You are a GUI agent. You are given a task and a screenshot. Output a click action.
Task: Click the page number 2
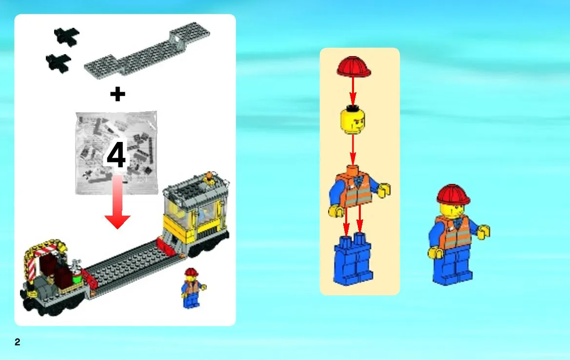(x=18, y=342)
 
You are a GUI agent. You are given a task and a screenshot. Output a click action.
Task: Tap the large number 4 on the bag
(x=117, y=155)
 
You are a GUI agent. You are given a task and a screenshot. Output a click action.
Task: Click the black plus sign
(x=118, y=94)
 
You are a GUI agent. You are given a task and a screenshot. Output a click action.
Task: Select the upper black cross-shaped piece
(x=67, y=37)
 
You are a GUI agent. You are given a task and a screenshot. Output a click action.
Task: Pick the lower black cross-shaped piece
(x=59, y=63)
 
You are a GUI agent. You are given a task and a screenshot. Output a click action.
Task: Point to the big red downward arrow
(x=118, y=202)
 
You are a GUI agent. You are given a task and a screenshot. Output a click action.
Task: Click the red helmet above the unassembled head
(x=354, y=66)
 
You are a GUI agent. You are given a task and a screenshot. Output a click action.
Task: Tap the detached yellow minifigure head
(x=353, y=120)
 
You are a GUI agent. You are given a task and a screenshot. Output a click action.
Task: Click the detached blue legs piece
(x=353, y=260)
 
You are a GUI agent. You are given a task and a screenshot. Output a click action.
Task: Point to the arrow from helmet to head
(x=353, y=91)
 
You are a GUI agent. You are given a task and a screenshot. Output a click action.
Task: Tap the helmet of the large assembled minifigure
(x=453, y=195)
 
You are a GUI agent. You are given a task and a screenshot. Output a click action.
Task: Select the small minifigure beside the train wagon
(x=192, y=288)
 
